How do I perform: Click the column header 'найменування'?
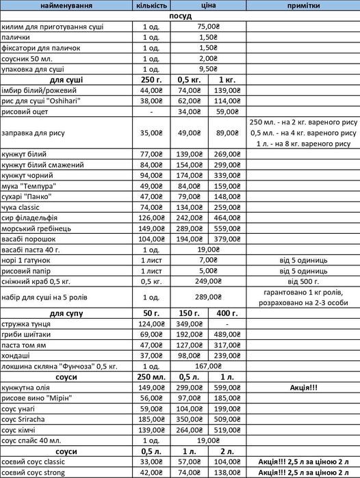(x=66, y=5)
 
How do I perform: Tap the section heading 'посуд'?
(x=179, y=16)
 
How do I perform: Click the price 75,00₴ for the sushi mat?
(x=208, y=27)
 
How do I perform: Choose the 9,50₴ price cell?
(x=208, y=69)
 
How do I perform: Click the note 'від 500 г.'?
(x=303, y=281)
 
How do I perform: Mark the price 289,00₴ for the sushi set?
(x=208, y=297)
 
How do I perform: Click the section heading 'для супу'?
(x=66, y=313)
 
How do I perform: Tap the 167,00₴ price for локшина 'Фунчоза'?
(x=208, y=366)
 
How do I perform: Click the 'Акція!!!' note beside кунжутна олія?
(x=303, y=387)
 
